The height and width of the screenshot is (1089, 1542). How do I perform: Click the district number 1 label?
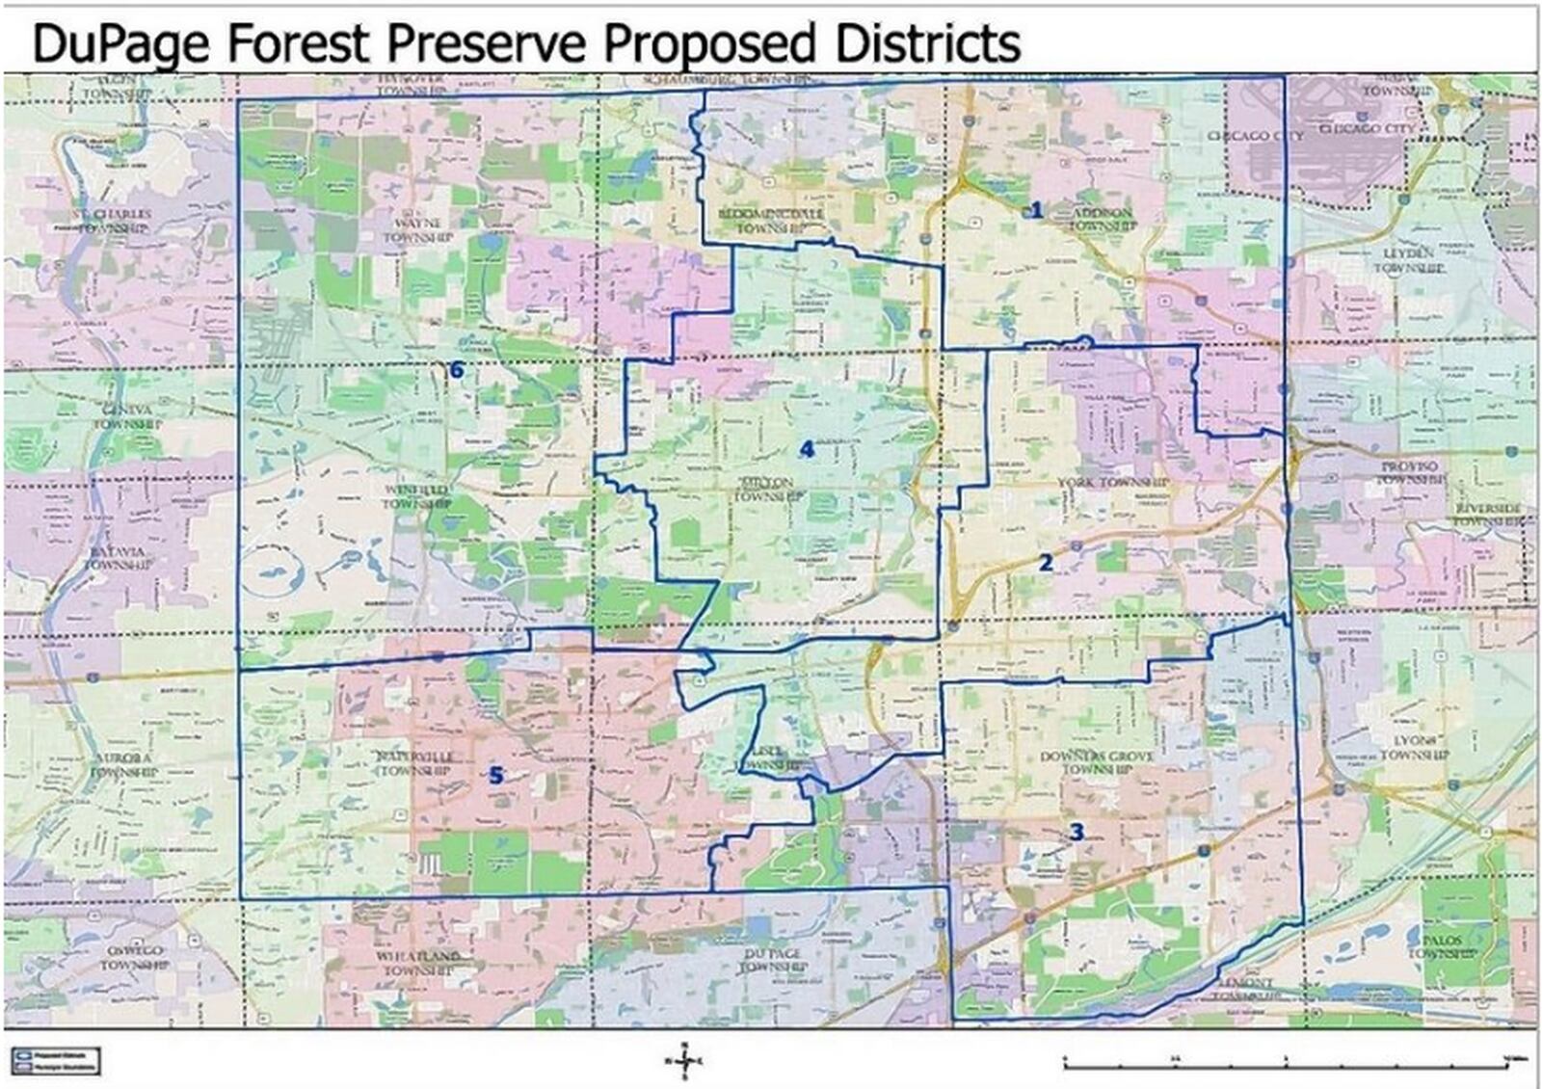point(1037,210)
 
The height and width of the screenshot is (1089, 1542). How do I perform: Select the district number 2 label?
point(1046,562)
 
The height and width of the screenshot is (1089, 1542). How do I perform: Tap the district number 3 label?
point(1077,832)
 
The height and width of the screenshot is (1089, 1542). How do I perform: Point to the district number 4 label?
point(807,449)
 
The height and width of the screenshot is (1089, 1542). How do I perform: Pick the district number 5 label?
point(495,775)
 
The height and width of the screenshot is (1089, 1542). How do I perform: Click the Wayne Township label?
point(417,229)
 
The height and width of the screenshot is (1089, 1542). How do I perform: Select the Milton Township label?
point(768,489)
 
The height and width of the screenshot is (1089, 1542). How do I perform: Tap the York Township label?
point(1112,482)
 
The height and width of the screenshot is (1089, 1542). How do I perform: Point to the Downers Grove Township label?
point(1096,762)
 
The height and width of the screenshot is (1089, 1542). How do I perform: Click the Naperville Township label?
point(415,763)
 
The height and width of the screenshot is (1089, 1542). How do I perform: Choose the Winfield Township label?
point(415,496)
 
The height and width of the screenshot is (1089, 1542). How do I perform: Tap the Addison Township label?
point(1103,218)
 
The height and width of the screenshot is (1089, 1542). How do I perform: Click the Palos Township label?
point(1442,945)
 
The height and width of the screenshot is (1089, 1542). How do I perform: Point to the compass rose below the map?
point(684,1062)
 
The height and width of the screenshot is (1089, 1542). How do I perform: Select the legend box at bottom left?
point(55,1062)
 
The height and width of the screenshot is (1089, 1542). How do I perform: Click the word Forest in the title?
point(299,43)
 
